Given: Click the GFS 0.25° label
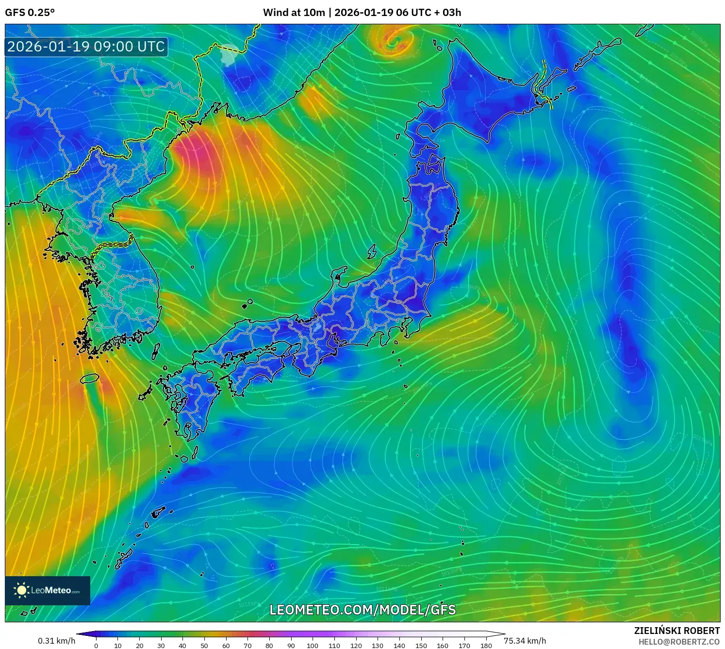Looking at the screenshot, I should coord(30,13).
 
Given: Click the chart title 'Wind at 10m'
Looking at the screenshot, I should coord(294,13).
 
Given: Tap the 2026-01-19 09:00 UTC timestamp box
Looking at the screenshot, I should coord(86,47).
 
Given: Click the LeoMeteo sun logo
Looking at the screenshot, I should coord(21,590).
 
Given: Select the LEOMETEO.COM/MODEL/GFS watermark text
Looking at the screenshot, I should coord(362,610).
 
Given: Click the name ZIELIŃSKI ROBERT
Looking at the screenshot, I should coord(677,631).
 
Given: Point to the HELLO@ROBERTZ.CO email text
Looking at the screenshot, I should coord(679,642).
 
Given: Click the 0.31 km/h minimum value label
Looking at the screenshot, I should coord(57,641).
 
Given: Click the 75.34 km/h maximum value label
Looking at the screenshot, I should coord(525,641).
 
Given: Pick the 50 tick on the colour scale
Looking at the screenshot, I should coord(204,646).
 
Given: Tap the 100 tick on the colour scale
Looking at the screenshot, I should coord(313,646).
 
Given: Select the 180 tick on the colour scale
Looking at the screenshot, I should coord(486,646).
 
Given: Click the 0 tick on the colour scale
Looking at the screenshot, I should coord(96,646).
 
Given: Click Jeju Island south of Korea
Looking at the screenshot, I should coord(90,378).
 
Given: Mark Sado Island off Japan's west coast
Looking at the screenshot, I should coord(372,251).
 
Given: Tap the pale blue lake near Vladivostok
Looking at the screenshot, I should coord(229,54).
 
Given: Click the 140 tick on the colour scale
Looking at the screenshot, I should coord(399,646).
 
